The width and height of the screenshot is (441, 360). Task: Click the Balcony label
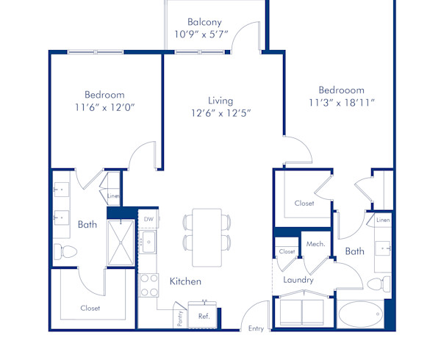click(x=204, y=21)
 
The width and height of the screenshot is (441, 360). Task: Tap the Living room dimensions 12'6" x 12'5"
click(x=220, y=113)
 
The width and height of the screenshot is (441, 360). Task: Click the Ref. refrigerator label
click(x=204, y=316)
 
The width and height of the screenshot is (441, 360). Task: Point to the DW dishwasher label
click(x=148, y=219)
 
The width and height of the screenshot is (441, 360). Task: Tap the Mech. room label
click(x=316, y=244)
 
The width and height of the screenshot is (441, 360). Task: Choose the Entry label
click(x=256, y=328)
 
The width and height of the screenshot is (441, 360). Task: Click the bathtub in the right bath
click(x=360, y=314)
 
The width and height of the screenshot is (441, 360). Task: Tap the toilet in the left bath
click(x=65, y=252)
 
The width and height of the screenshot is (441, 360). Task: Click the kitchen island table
click(x=207, y=237)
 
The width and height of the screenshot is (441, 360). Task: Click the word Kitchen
click(x=185, y=281)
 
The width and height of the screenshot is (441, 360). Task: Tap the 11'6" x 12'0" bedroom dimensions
click(x=104, y=107)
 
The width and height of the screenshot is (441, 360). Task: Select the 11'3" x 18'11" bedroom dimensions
click(x=343, y=103)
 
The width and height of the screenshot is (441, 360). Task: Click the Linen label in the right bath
click(x=383, y=220)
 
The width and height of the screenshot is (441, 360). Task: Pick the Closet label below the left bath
click(x=90, y=308)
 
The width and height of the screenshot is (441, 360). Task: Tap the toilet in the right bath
click(x=378, y=285)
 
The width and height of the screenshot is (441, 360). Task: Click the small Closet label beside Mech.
click(x=287, y=251)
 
